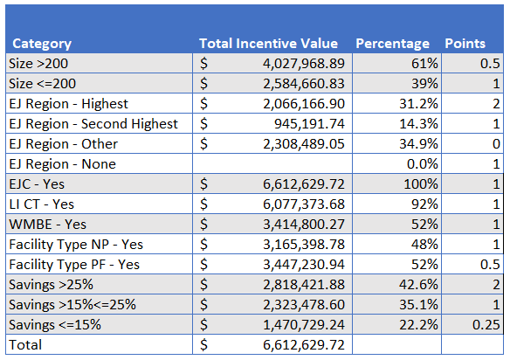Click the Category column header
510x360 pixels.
[x=42, y=44]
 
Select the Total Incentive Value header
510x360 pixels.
[x=269, y=44]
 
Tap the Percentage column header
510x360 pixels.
[x=393, y=44]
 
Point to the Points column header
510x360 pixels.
[x=465, y=44]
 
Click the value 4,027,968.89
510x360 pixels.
[x=304, y=64]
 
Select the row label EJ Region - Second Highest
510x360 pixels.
[x=93, y=124]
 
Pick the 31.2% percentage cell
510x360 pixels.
[x=418, y=104]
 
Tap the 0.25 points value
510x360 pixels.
[x=486, y=324]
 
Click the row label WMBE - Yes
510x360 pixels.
[x=47, y=225]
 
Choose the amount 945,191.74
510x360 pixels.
[x=309, y=124]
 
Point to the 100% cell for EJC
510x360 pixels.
[x=421, y=184]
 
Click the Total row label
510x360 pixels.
[x=25, y=344]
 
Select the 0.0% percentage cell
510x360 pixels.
[x=423, y=164]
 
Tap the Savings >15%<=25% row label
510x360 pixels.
[x=72, y=305]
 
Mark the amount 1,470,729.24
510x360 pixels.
[x=304, y=325]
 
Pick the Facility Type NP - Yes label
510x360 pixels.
[x=76, y=245]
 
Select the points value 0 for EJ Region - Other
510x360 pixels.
[x=496, y=144]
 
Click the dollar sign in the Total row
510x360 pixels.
[x=204, y=344]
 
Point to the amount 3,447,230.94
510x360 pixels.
[x=304, y=265]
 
